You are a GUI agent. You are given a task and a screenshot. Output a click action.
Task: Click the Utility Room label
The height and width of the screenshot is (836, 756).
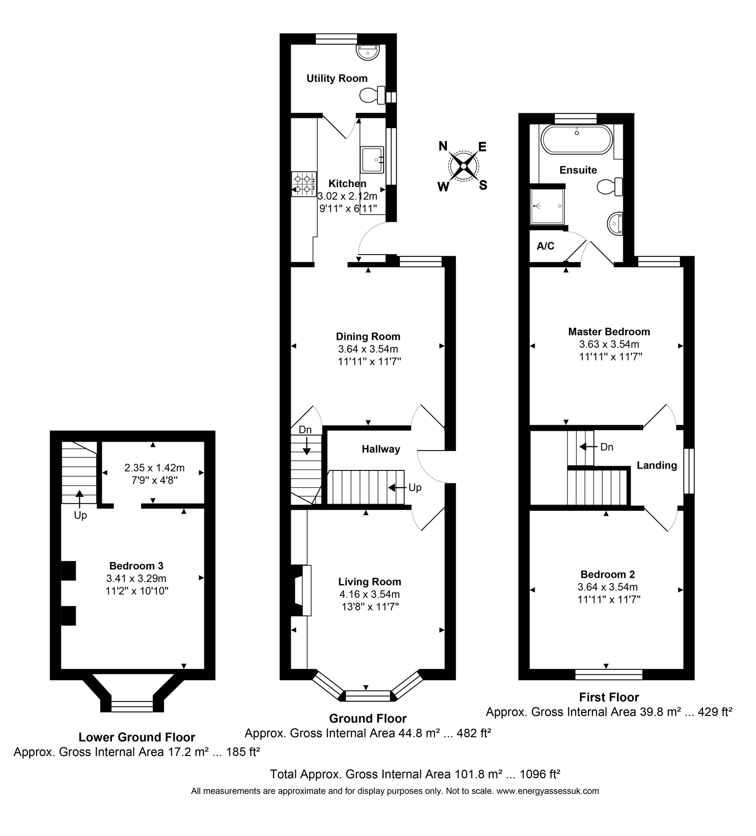pyautogui.click(x=337, y=78)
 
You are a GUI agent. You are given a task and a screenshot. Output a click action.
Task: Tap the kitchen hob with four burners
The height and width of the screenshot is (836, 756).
pyautogui.click(x=303, y=184)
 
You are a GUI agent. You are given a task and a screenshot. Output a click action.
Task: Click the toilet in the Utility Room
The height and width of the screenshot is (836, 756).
pyautogui.click(x=372, y=96)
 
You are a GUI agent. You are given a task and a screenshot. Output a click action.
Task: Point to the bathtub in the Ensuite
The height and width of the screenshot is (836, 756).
pyautogui.click(x=576, y=139)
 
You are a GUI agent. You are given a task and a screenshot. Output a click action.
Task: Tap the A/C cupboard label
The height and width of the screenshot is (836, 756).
pyautogui.click(x=545, y=246)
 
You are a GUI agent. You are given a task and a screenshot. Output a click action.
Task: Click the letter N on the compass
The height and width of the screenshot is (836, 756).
pyautogui.click(x=443, y=147)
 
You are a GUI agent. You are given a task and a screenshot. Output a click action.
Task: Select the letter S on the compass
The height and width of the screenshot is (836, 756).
pyautogui.click(x=483, y=185)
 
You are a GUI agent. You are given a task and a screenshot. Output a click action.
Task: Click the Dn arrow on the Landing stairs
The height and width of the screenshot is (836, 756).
pyautogui.click(x=586, y=447)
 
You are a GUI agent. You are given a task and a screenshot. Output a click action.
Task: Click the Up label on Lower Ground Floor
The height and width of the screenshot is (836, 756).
pyautogui.click(x=80, y=516)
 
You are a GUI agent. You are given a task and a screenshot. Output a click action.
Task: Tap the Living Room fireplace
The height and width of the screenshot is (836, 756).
pyautogui.click(x=300, y=590)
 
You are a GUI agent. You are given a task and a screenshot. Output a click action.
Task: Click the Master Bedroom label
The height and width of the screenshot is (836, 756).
pyautogui.click(x=609, y=332)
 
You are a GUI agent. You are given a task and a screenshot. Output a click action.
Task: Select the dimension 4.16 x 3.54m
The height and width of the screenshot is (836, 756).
pyautogui.click(x=369, y=594)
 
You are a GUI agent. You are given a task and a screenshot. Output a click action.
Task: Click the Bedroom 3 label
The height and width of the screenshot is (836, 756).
pyautogui.click(x=136, y=566)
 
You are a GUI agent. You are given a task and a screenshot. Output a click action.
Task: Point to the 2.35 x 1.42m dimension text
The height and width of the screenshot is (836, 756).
pyautogui.click(x=154, y=467)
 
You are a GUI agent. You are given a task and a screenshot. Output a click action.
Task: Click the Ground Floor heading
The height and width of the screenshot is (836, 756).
pyautogui.click(x=367, y=718)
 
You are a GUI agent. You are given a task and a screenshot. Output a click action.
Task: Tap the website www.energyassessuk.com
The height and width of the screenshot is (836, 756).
pyautogui.click(x=547, y=791)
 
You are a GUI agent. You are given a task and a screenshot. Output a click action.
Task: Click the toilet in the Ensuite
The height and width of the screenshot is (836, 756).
pyautogui.click(x=610, y=187)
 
